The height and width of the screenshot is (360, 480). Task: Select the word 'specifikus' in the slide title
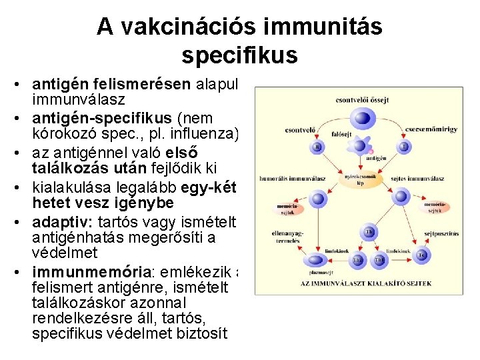[239, 55]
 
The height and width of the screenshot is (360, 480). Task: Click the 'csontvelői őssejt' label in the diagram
[362, 100]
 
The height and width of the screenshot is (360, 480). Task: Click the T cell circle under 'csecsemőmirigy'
[404, 146]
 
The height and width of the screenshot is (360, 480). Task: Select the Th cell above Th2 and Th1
[368, 232]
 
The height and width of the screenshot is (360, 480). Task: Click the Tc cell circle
[423, 255]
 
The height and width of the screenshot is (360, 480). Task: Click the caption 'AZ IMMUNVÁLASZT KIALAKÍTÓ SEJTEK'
[367, 283]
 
